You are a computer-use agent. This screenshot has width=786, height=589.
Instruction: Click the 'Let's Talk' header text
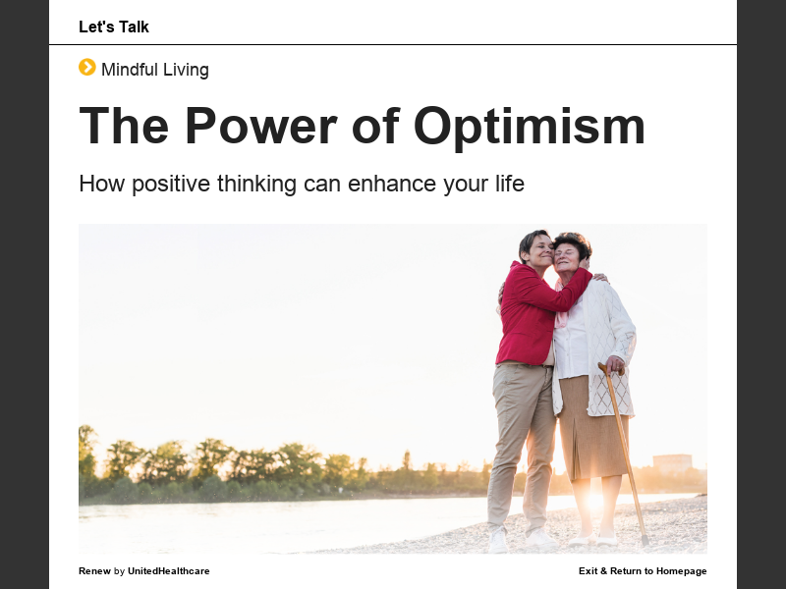pyautogui.click(x=114, y=27)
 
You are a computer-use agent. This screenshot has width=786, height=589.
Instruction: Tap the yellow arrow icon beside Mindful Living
pyautogui.click(x=87, y=68)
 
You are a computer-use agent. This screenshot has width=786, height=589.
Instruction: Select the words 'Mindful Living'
pyautogui.click(x=155, y=70)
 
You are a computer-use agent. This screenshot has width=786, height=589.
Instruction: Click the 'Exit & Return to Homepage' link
pyautogui.click(x=643, y=571)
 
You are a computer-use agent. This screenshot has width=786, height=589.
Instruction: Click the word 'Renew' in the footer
pyautogui.click(x=94, y=571)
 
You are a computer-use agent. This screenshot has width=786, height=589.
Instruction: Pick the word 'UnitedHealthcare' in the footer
pyautogui.click(x=169, y=571)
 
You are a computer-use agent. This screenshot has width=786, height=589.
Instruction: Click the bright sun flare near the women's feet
pyautogui.click(x=592, y=501)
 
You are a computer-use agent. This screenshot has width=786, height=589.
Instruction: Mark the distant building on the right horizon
pyautogui.click(x=672, y=462)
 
